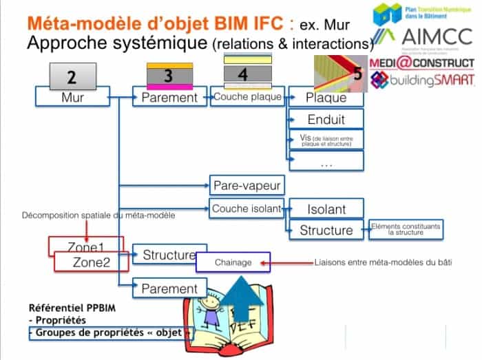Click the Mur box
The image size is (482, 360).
coord(72,98)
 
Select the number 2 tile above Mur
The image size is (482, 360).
coord(72,76)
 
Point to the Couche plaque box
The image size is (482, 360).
coord(247,97)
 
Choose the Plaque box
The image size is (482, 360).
coord(326,98)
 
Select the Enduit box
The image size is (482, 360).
coord(326,119)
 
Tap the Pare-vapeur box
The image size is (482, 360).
coord(247,185)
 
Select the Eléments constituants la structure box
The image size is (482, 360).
coord(406,229)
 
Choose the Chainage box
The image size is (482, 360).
coord(233,262)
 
